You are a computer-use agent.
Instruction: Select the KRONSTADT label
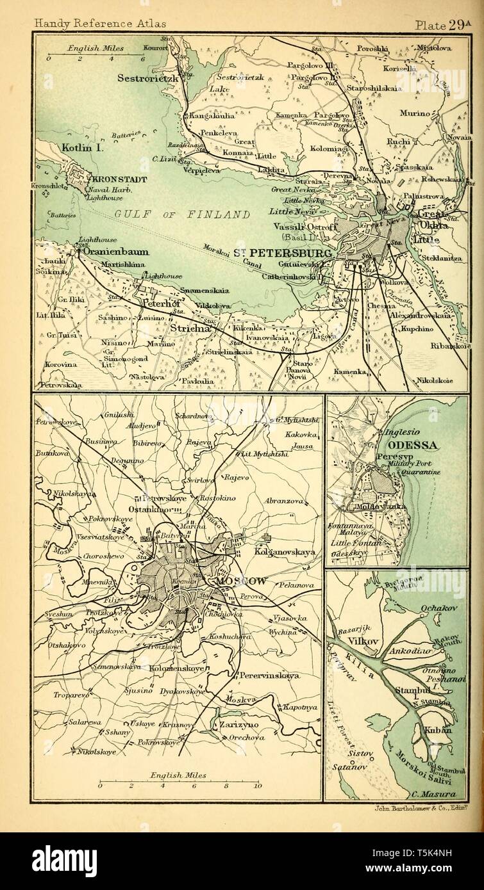pos(120,179)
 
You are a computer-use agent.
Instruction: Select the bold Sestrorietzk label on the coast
pos(149,77)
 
